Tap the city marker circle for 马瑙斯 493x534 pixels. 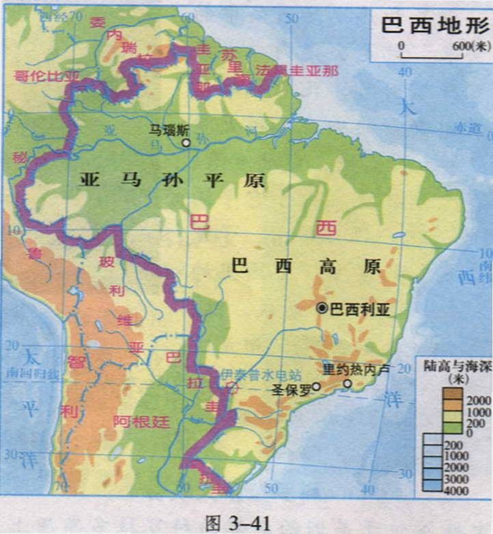point(186,142)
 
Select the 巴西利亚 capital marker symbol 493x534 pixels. point(322,309)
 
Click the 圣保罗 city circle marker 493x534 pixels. point(315,385)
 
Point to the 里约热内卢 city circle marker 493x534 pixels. point(348,384)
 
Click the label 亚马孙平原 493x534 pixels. point(173,180)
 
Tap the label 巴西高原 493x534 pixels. point(306,266)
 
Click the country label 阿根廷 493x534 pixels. point(141,421)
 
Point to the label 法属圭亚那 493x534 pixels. point(296,71)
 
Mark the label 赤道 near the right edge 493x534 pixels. point(466,128)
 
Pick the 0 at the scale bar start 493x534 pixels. point(402,46)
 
